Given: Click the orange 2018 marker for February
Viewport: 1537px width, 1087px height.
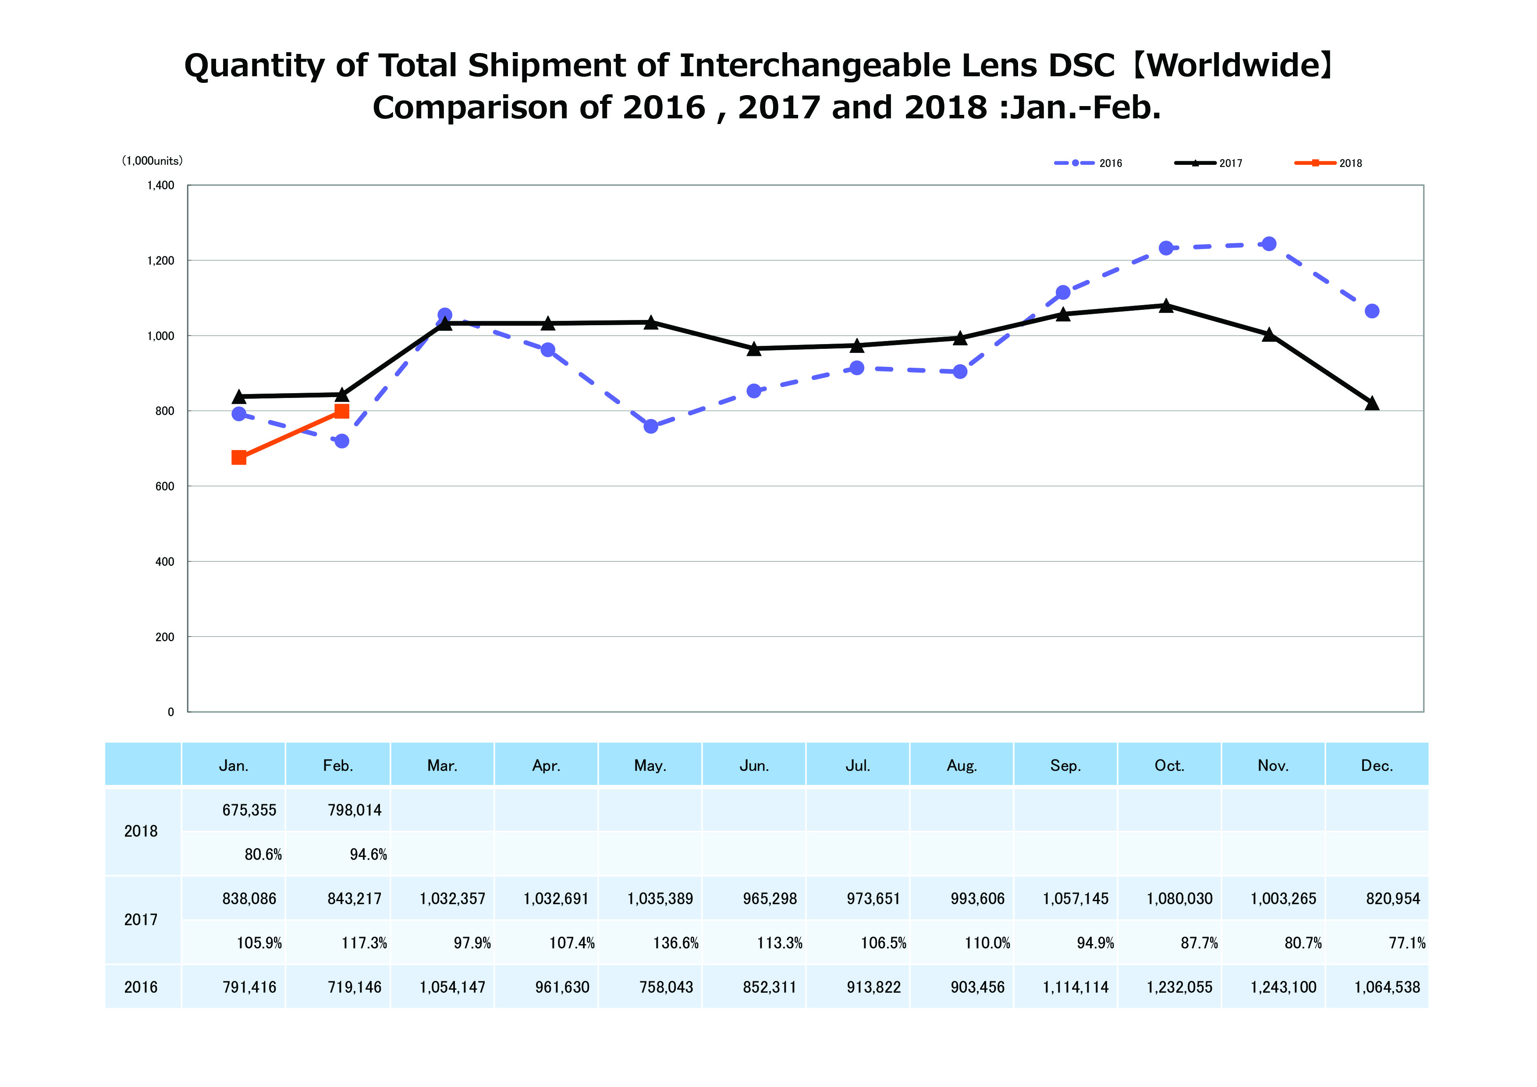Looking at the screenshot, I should point(341,411).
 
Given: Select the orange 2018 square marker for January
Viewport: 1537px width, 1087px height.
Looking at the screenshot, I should point(239,458).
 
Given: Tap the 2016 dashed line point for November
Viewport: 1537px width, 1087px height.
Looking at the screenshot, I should point(1268,244).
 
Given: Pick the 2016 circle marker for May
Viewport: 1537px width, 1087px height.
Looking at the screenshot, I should point(651,426).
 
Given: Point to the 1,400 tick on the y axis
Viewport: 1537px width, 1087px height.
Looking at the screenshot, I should point(161,185).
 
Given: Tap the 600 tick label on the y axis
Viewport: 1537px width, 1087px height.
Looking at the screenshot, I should point(165,487).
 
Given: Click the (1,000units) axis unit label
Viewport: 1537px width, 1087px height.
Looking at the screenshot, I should point(152,161).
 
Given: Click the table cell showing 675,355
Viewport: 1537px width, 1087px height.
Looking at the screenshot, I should point(249,810).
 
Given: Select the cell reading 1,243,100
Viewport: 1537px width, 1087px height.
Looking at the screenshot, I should point(1283,987).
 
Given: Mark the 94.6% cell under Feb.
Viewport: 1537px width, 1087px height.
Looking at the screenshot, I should point(368,855).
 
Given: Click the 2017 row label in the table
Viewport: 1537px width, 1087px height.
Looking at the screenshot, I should point(141,920).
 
